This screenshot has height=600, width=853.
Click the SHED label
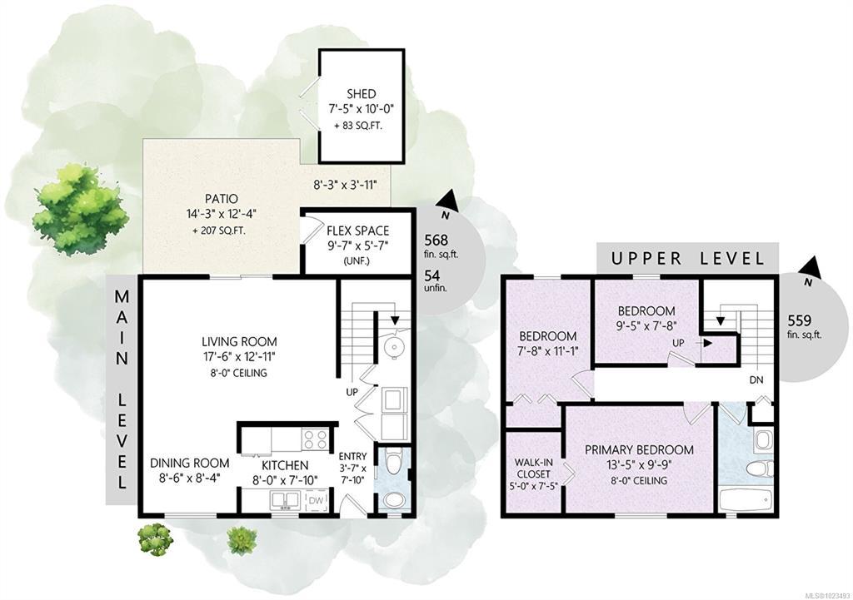(362, 94)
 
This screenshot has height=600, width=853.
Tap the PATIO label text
(222, 199)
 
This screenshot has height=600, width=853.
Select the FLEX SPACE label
(358, 231)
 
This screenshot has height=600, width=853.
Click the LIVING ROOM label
(239, 342)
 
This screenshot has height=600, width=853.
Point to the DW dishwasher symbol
(316, 500)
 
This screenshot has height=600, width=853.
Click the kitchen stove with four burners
(315, 439)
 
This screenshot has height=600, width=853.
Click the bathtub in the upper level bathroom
(745, 500)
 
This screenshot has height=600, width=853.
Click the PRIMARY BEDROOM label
(639, 450)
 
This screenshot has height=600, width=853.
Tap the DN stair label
(756, 380)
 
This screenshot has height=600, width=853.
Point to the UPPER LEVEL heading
(687, 258)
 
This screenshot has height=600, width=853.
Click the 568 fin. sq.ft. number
(436, 240)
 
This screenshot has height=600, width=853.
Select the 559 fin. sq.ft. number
(800, 320)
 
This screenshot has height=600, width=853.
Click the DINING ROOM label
(189, 463)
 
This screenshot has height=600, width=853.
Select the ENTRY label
(352, 457)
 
